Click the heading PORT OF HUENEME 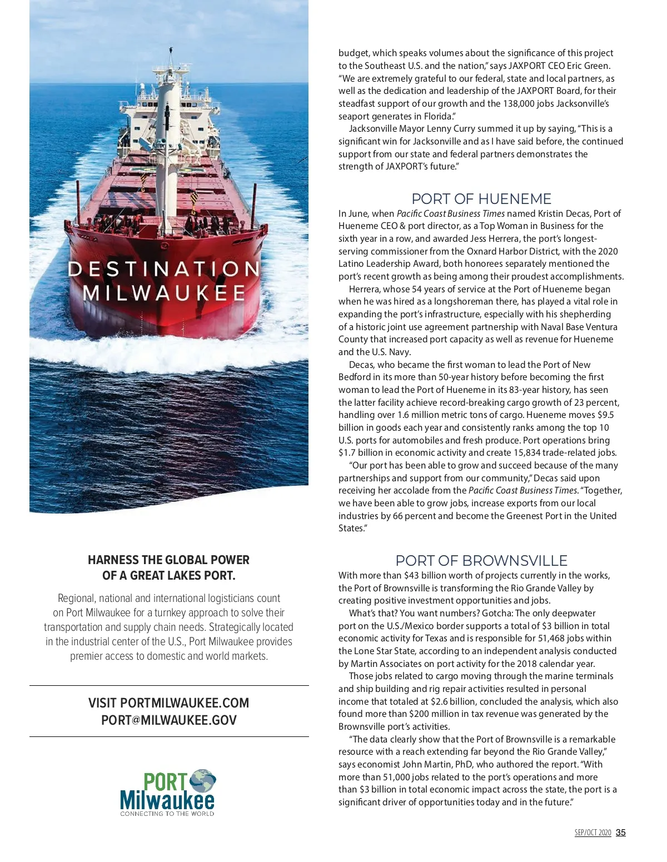(x=481, y=199)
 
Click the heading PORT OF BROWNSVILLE (x=481, y=560)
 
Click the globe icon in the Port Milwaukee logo (x=202, y=781)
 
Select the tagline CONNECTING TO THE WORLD (x=167, y=814)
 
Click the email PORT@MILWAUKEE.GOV (x=168, y=720)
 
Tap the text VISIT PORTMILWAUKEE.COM (x=168, y=703)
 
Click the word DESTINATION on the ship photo (x=163, y=270)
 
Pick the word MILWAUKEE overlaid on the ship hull (x=164, y=293)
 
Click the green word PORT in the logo (x=165, y=782)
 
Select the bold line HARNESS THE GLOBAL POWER (x=168, y=560)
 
